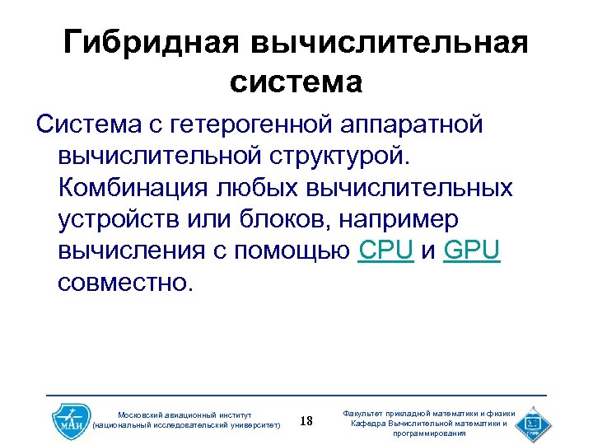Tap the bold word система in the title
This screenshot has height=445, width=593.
point(296,82)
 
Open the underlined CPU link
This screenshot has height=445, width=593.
point(386,250)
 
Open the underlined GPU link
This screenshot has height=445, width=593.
point(471,250)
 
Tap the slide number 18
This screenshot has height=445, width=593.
point(306,422)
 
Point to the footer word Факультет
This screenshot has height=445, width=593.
point(366,413)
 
